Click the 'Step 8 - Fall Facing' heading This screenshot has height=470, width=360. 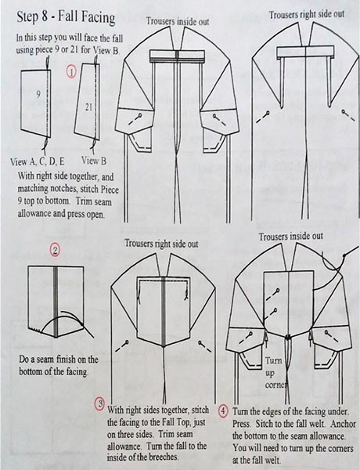66,17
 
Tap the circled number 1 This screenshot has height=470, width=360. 71,72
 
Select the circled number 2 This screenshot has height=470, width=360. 55,251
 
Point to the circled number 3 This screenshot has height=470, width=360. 99,403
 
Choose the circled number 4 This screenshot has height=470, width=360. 223,410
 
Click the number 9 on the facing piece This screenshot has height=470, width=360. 38,94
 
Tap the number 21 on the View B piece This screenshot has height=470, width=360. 88,107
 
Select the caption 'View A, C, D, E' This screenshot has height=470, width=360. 38,162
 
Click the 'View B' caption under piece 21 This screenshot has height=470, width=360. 94,161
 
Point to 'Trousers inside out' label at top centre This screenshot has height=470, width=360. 178,21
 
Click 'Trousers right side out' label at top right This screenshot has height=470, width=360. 307,14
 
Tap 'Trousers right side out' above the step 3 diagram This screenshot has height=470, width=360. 161,243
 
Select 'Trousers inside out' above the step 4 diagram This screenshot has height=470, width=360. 291,237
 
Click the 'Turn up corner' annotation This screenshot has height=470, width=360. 275,373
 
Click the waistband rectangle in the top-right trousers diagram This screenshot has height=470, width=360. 305,52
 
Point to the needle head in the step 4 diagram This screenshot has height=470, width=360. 344,255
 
